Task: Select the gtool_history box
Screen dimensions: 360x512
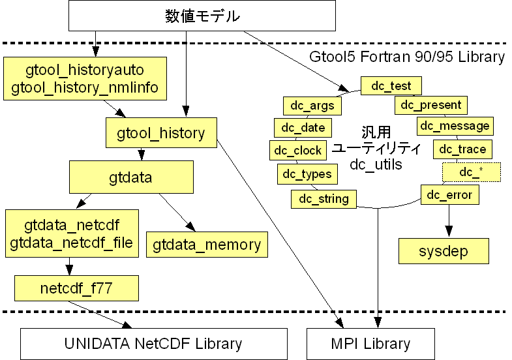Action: [160, 134]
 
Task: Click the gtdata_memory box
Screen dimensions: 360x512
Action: [207, 245]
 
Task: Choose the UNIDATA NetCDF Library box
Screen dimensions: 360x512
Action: [153, 344]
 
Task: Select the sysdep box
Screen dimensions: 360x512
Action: [443, 250]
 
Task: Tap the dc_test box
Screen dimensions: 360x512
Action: [391, 85]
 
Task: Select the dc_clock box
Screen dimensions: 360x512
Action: [297, 150]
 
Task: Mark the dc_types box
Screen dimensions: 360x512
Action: [307, 173]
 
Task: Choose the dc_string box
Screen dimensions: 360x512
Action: [324, 198]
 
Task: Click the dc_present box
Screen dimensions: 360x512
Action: [430, 104]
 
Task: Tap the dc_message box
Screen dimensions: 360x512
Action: [455, 126]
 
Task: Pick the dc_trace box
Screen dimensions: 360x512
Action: [462, 149]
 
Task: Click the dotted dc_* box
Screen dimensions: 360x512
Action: [471, 172]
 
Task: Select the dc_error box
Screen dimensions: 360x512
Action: [450, 194]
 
